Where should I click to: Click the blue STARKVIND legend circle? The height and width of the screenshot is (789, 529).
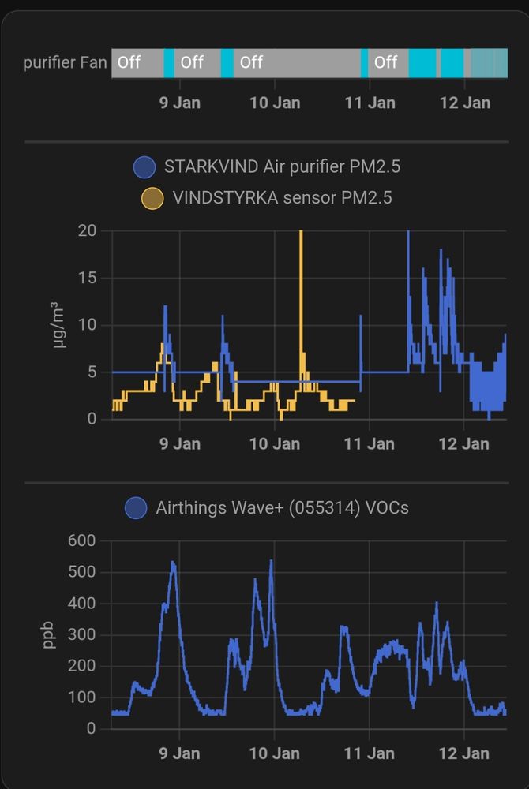coord(144,167)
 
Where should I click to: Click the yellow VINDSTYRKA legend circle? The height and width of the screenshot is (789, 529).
coord(152,197)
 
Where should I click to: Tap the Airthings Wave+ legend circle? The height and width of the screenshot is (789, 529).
coord(137,508)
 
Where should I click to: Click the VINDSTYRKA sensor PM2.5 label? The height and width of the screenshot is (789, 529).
coord(282,197)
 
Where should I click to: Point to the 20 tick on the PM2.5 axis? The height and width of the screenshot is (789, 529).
coord(87,230)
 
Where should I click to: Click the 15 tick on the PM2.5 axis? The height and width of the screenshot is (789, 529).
coord(87,278)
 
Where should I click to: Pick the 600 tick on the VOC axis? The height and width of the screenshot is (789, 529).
coord(81,540)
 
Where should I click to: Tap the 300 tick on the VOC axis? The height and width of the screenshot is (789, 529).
coord(81,634)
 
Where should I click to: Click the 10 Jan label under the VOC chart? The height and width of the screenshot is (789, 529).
coord(275,753)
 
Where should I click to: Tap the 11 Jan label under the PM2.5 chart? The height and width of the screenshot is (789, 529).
coord(370,443)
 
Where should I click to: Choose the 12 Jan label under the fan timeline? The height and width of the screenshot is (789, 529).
coord(464,103)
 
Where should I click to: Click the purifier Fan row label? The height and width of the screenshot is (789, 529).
coord(66,62)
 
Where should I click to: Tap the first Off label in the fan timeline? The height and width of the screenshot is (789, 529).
coord(129,62)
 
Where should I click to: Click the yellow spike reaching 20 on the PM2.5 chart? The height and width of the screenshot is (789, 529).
coord(301,237)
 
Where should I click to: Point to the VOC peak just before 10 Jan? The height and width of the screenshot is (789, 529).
coord(271,562)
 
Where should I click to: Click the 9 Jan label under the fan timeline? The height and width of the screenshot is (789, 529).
coord(180,103)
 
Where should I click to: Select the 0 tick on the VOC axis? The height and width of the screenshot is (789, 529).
coord(92,728)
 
